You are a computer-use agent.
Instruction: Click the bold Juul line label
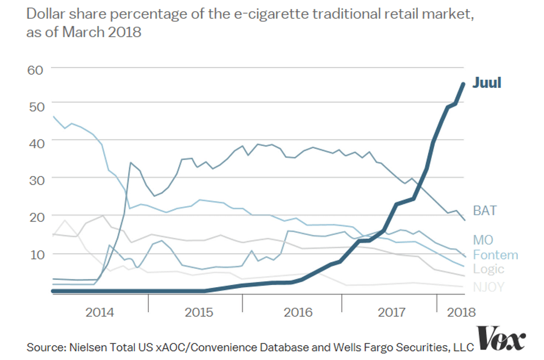point(487,83)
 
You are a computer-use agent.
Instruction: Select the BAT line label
point(485,211)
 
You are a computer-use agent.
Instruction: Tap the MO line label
point(483,241)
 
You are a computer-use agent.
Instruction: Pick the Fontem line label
point(495,255)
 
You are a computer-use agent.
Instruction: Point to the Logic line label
point(488,269)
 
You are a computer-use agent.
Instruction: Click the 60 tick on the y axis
point(36,69)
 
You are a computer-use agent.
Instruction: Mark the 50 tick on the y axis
point(36,104)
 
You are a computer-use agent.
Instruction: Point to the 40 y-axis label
point(36,143)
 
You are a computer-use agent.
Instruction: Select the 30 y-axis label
point(36,179)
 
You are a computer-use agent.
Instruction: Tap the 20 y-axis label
point(36,217)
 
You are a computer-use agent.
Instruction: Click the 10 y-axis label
point(36,254)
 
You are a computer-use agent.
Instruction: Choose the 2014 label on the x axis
point(100,312)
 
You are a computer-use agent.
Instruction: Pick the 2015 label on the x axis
point(199,312)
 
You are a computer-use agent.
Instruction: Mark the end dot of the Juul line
point(463,84)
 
